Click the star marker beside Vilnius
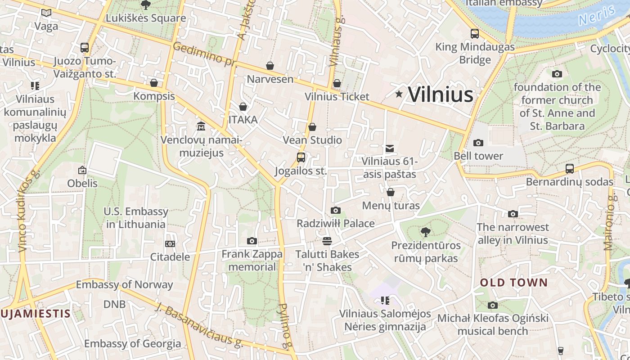click(x=399, y=94)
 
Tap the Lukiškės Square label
click(x=145, y=18)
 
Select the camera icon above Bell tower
click(x=478, y=143)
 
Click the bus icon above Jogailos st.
click(x=301, y=157)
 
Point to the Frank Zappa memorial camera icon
click(x=252, y=241)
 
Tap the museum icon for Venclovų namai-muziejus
click(x=201, y=126)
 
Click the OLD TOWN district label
click(x=513, y=283)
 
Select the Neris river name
click(x=597, y=16)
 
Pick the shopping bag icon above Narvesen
click(x=270, y=66)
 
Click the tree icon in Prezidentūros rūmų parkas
click(x=425, y=232)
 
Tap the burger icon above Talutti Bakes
click(x=327, y=241)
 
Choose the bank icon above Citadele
click(x=170, y=244)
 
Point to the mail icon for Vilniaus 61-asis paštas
click(x=390, y=148)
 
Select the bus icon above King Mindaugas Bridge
click(x=475, y=34)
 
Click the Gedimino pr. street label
click(x=204, y=54)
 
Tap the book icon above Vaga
click(x=46, y=13)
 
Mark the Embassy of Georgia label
click(x=132, y=344)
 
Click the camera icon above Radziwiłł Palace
click(x=335, y=210)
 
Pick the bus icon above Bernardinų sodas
click(x=570, y=169)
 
